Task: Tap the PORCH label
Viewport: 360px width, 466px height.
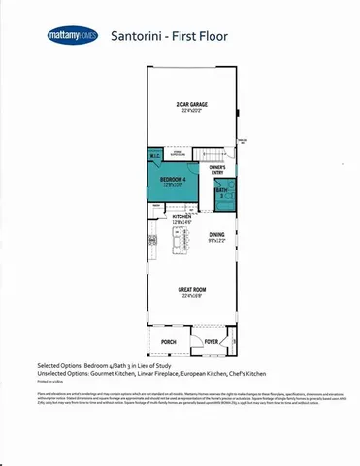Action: point(169,342)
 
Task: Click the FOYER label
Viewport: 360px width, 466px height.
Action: point(211,342)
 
